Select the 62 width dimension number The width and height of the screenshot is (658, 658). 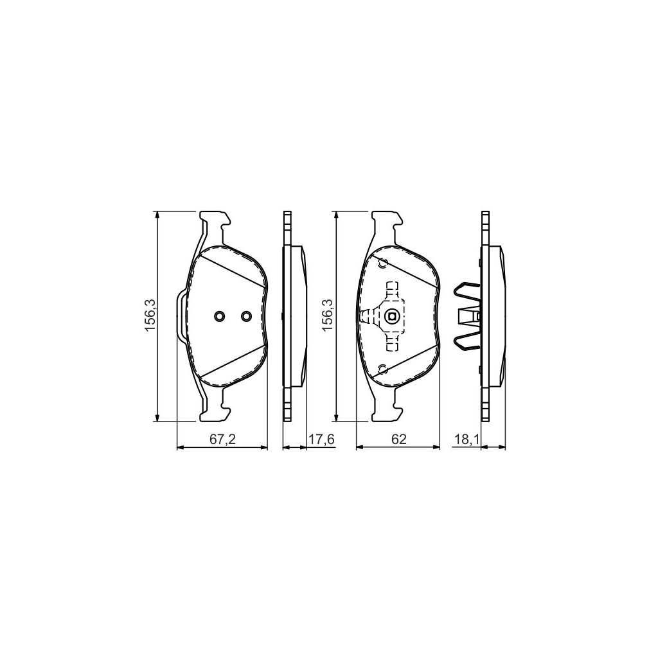pos(398,440)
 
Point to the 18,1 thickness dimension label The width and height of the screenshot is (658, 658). pos(466,440)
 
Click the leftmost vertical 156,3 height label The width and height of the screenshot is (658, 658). pos(150,316)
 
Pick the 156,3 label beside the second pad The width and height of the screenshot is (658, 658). pos(328,316)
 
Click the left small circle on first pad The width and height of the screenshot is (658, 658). pos(220,316)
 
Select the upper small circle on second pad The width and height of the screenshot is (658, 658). pos(384,263)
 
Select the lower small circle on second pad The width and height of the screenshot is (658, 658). pos(384,368)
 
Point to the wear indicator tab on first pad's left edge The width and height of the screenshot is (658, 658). pos(180,316)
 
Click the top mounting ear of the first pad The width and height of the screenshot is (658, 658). pos(216,222)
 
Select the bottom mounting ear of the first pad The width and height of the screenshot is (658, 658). pos(216,410)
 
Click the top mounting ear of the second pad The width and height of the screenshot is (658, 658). pos(387,222)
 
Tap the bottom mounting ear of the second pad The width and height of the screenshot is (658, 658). pos(387,410)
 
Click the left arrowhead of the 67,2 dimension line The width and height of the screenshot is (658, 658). pos(179,448)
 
